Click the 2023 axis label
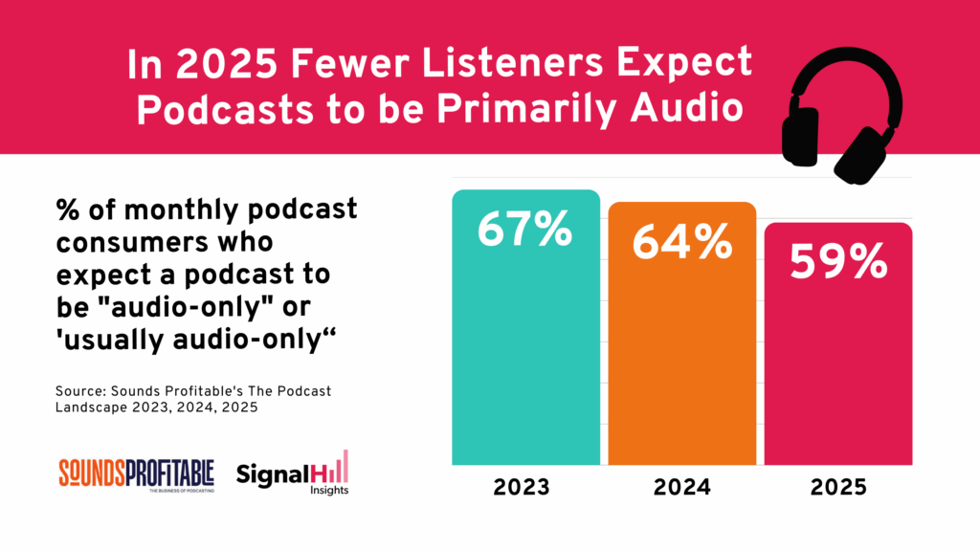click(522, 488)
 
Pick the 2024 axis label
click(681, 488)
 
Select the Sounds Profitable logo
click(138, 473)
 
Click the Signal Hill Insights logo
click(293, 474)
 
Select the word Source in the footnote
click(79, 392)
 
